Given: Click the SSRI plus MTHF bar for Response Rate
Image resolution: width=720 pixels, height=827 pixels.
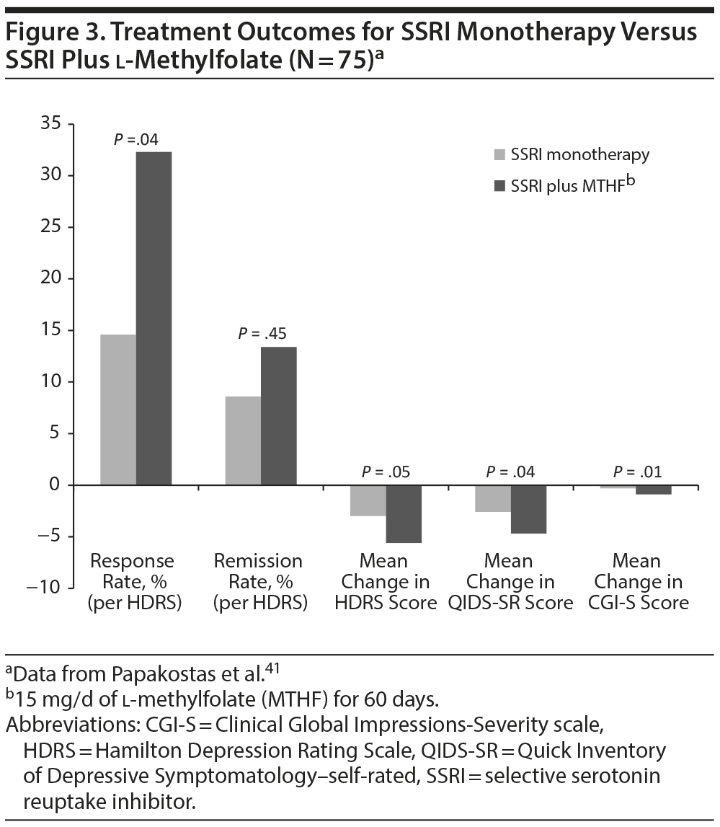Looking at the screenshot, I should pyautogui.click(x=154, y=317).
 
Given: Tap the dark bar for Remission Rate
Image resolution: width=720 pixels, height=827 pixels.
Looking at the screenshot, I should pyautogui.click(x=278, y=415).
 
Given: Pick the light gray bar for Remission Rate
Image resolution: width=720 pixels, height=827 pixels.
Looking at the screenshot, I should pyautogui.click(x=243, y=441).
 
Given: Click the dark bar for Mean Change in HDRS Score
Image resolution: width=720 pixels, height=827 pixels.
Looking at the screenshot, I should pyautogui.click(x=404, y=513).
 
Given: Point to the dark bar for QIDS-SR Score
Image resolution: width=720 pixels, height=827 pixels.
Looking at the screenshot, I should pyautogui.click(x=528, y=509).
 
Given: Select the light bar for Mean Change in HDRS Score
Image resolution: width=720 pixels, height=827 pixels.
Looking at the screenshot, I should pyautogui.click(x=368, y=500).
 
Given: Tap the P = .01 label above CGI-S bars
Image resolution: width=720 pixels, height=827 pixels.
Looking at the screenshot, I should pyautogui.click(x=638, y=472).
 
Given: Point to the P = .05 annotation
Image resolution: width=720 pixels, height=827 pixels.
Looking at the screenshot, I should pyautogui.click(x=387, y=472).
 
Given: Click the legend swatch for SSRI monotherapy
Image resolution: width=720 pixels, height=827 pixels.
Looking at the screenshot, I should pyautogui.click(x=499, y=155).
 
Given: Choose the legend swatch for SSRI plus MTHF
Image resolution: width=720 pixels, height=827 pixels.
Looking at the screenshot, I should pyautogui.click(x=499, y=186).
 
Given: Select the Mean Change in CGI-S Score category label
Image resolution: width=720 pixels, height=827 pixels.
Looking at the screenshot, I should pyautogui.click(x=638, y=581).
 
